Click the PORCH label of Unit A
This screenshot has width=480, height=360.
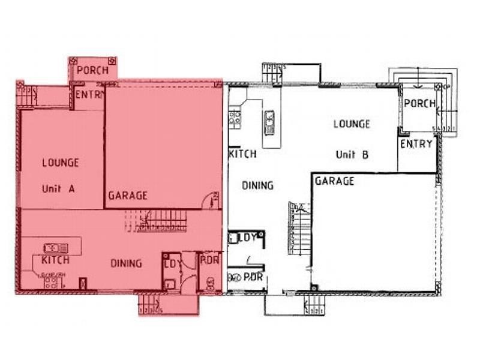[x=92, y=70]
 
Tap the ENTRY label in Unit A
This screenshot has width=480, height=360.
[x=89, y=95]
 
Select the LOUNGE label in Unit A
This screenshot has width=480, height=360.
[x=60, y=162]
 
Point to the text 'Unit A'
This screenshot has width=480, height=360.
[x=58, y=188]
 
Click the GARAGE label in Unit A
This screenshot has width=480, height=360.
[x=128, y=196]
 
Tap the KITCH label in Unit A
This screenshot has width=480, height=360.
[x=55, y=260]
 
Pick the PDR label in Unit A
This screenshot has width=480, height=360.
[x=209, y=260]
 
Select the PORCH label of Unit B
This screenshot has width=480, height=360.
[x=419, y=103]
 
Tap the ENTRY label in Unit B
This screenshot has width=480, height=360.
[x=416, y=144]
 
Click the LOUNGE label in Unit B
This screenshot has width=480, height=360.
[x=352, y=124]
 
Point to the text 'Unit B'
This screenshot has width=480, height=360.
[x=352, y=154]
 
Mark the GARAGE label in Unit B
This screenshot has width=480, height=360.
[x=334, y=181]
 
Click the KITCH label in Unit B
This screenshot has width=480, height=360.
[x=243, y=154]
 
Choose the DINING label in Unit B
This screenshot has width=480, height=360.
[x=257, y=185]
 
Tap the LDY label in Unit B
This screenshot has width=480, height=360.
[x=248, y=238]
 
